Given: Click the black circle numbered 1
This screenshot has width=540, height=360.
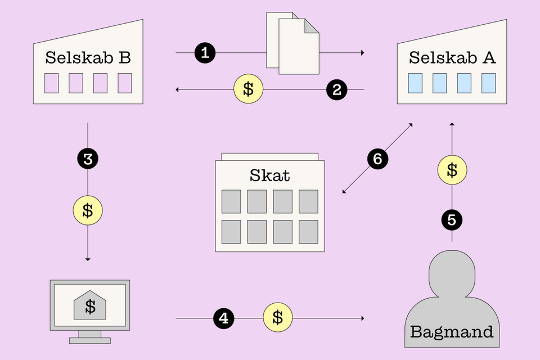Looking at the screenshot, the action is [x=205, y=53].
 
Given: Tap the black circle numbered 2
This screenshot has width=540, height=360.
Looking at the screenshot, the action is [x=337, y=90].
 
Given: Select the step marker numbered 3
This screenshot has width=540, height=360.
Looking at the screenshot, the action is [x=88, y=159].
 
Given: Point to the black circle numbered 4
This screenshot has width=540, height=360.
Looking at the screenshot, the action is [x=224, y=318].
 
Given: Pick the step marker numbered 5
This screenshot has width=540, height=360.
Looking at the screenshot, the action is [x=452, y=220].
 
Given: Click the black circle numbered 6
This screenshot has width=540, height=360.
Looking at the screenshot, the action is [x=378, y=159].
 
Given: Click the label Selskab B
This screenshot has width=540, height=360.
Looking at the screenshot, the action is [x=88, y=57].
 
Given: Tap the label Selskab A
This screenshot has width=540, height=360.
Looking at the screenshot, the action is [x=452, y=57].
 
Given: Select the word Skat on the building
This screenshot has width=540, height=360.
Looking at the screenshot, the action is [x=269, y=175].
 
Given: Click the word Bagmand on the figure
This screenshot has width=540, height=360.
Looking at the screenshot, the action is [x=452, y=332].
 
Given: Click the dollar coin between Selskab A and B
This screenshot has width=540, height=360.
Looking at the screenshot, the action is [x=248, y=89].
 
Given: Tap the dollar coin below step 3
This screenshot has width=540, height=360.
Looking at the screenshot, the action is [x=88, y=210].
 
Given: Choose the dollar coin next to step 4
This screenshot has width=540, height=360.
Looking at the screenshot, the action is [x=278, y=317].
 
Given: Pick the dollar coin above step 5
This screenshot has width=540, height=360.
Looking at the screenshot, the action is [x=452, y=170].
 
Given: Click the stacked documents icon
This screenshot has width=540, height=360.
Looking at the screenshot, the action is [x=292, y=43].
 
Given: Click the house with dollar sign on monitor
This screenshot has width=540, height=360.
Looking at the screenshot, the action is [x=90, y=305].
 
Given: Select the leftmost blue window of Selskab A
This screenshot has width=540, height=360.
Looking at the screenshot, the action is [x=415, y=83].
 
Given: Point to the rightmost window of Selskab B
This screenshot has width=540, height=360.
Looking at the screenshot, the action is [x=125, y=83].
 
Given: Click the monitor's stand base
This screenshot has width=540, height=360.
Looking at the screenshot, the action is [x=90, y=341].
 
